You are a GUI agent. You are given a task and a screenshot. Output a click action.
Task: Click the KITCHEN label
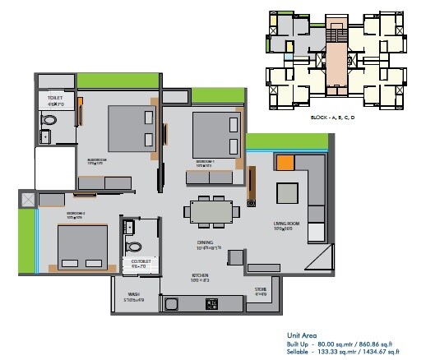[x=199, y=276]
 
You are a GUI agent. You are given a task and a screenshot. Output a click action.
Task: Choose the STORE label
[x=261, y=288]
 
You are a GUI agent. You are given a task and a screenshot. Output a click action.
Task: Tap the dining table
[x=213, y=212]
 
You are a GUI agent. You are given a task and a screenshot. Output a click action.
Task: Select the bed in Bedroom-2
[x=81, y=245]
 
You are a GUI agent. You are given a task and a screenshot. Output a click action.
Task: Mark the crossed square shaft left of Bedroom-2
[x=29, y=200]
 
